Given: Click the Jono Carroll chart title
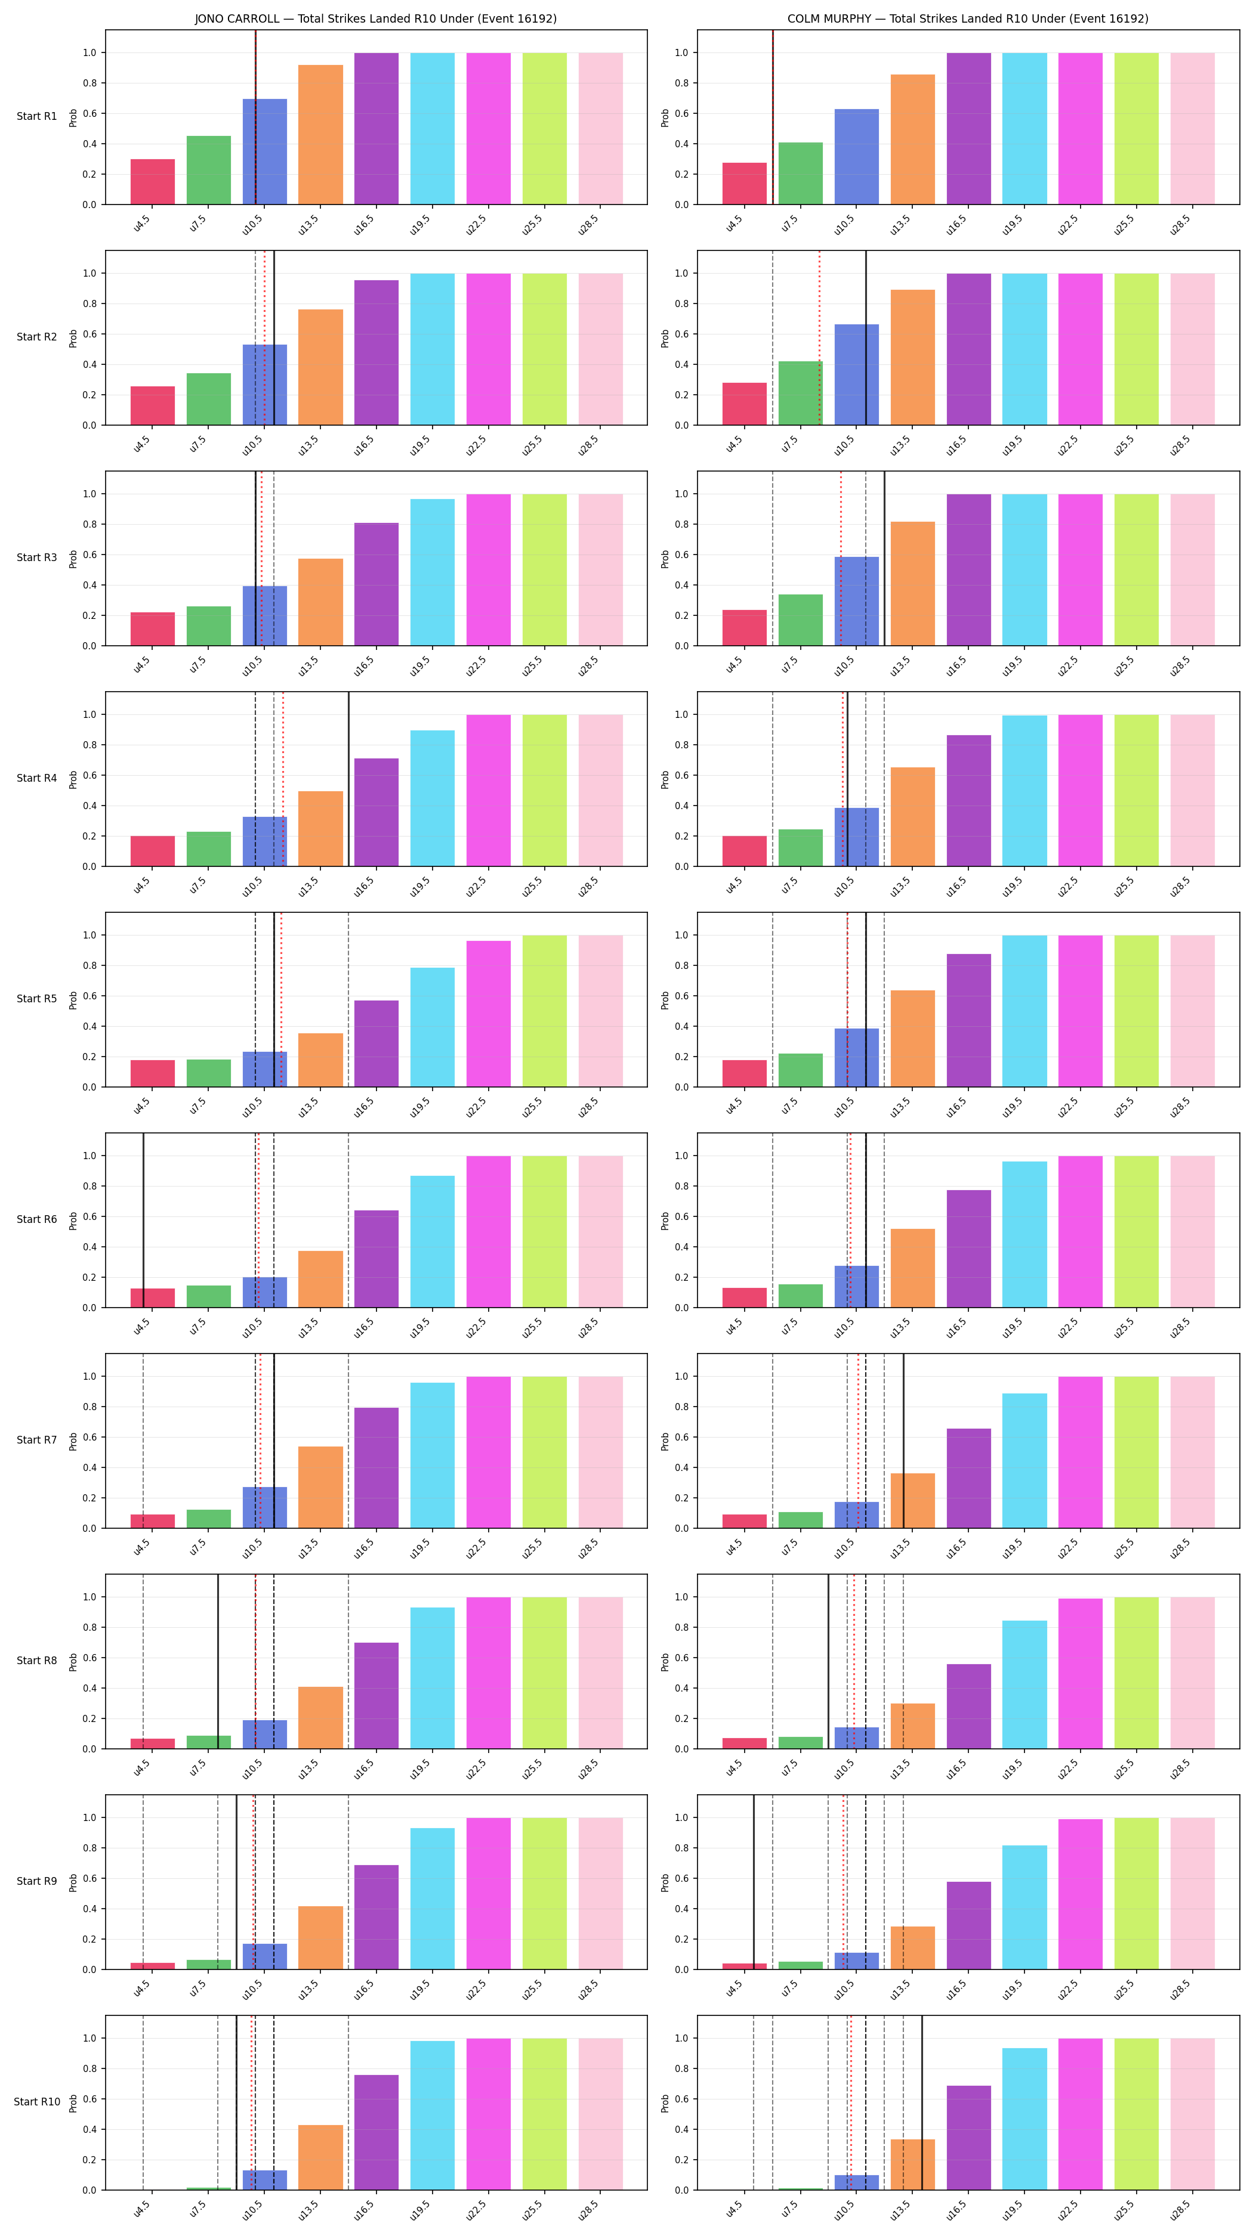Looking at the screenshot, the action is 375,18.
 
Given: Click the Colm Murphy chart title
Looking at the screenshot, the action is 967,18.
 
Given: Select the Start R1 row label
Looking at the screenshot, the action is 36,116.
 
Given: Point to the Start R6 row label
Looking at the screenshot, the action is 36,1219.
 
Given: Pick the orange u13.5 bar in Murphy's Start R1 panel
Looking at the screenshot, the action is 913,140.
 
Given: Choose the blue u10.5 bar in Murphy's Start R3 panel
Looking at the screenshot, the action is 856,602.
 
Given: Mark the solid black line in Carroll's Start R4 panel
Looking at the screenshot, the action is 349,779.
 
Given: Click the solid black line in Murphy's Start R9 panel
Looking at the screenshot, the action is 754,1882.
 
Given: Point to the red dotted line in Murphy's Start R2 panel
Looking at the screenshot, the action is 819,337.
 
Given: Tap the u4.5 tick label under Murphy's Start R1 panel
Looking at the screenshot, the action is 734,224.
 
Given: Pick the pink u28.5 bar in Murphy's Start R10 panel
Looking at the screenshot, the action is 1192,2114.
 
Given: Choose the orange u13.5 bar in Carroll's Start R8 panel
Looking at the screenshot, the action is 320,1718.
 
